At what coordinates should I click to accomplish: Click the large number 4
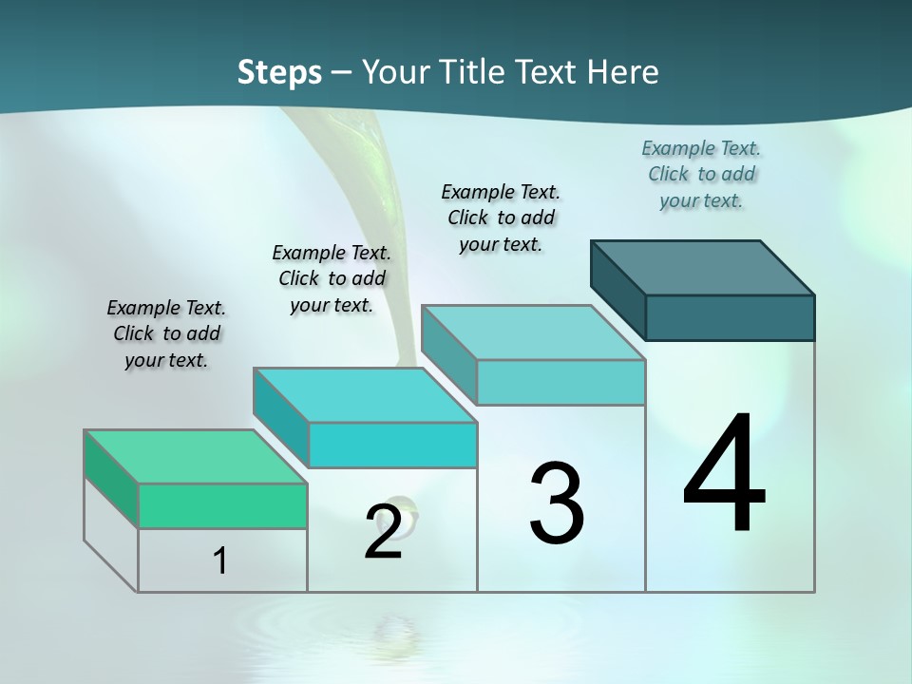[724, 475]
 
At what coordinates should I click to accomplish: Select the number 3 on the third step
[557, 503]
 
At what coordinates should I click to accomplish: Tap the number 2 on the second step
[383, 532]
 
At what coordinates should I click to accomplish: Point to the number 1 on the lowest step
[219, 560]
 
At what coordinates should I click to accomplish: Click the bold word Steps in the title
[279, 72]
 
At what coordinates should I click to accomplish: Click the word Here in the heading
[624, 72]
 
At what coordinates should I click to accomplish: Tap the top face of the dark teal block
[703, 267]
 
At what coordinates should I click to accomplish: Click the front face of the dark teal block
[730, 317]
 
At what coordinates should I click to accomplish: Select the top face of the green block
[196, 457]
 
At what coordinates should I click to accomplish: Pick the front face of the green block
[222, 505]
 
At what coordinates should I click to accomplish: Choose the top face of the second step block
[365, 395]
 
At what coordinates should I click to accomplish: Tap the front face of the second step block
[392, 445]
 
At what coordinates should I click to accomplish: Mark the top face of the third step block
[533, 332]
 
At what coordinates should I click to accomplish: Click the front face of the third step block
[560, 382]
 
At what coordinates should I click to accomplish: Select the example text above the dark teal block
[701, 174]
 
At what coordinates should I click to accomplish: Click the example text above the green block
[166, 333]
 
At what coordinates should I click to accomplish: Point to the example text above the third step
[501, 218]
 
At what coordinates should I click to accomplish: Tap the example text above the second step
[332, 278]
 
